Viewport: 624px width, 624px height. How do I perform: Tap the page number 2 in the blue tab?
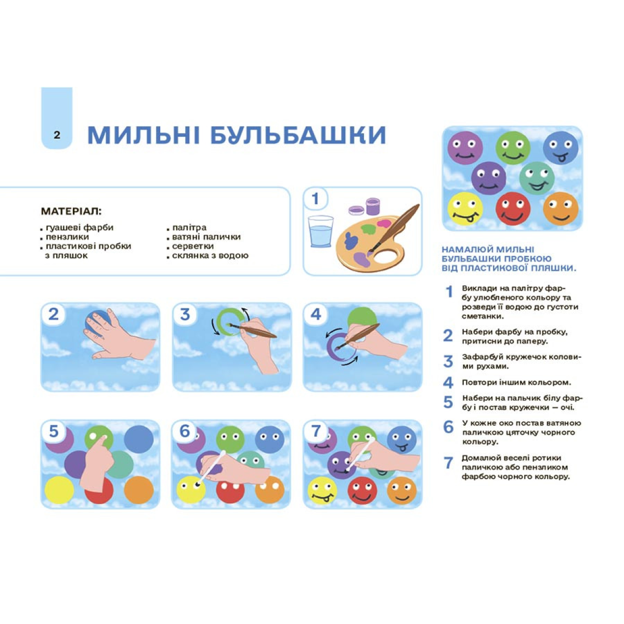click(x=57, y=135)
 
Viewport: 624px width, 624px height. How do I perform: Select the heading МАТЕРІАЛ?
click(x=71, y=212)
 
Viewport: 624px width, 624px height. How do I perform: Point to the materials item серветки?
click(x=193, y=246)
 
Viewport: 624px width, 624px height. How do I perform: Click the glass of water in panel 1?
click(x=321, y=231)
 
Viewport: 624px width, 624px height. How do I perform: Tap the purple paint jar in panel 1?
click(x=373, y=206)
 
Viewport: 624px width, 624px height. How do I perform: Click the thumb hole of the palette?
click(x=385, y=257)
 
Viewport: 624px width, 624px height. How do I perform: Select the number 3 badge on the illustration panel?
click(x=185, y=315)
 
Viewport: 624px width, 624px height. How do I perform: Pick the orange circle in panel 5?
click(x=139, y=490)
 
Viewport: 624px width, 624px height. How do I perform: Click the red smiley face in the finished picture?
click(x=513, y=208)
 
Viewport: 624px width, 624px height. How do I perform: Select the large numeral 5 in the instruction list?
click(x=448, y=402)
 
